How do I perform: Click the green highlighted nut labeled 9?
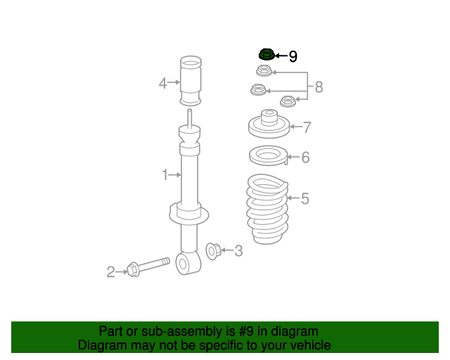tap(266, 54)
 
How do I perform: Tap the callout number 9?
tap(292, 56)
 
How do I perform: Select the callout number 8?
tap(319, 87)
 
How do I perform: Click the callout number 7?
tap(307, 127)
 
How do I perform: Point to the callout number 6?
tap(305, 157)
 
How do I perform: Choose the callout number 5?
tap(304, 199)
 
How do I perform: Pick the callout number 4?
tap(162, 84)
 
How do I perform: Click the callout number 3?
tap(238, 250)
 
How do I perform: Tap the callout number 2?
tap(110, 271)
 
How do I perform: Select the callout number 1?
tap(165, 174)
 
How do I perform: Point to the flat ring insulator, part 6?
tap(267, 155)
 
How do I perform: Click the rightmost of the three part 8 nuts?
tap(288, 101)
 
